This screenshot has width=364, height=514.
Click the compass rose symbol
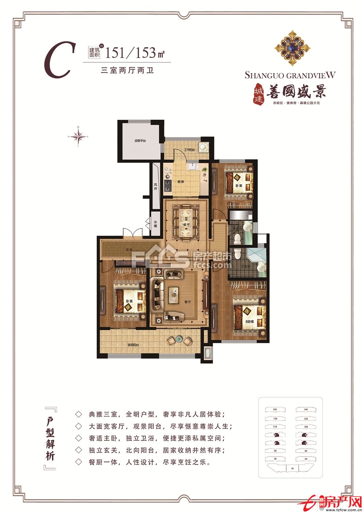(x=78, y=136)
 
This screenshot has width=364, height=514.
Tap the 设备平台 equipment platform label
(x=140, y=141)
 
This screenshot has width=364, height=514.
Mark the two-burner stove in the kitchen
(x=168, y=185)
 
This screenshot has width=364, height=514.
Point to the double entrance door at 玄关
(x=132, y=234)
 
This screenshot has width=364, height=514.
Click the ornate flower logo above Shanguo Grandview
(x=292, y=48)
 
